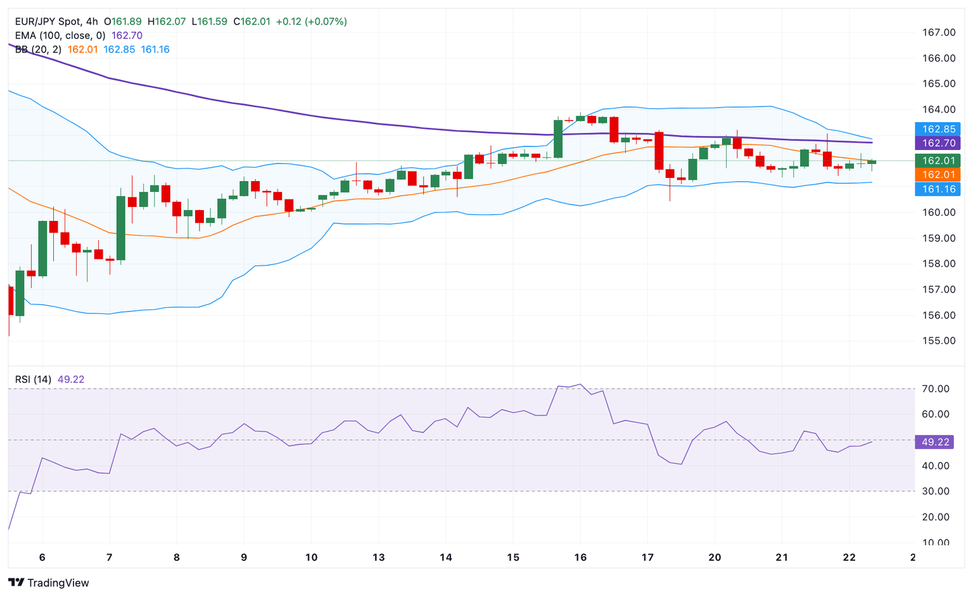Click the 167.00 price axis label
(x=939, y=32)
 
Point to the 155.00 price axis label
(x=939, y=341)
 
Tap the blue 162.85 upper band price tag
(x=938, y=129)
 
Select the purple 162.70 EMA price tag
(x=938, y=143)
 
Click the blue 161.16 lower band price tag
(x=938, y=189)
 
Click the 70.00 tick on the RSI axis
(x=935, y=389)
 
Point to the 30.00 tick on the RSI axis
(x=935, y=491)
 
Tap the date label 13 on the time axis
(x=378, y=557)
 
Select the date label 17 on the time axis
(x=647, y=557)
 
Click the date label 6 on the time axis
(x=42, y=557)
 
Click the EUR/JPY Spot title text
(x=48, y=22)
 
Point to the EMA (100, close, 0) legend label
(x=60, y=35)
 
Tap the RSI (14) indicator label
(x=33, y=379)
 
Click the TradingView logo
(x=49, y=582)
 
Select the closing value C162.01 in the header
(x=251, y=22)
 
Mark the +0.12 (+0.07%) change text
(x=311, y=22)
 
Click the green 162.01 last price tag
(x=938, y=161)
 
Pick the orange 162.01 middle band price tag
(x=938, y=175)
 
